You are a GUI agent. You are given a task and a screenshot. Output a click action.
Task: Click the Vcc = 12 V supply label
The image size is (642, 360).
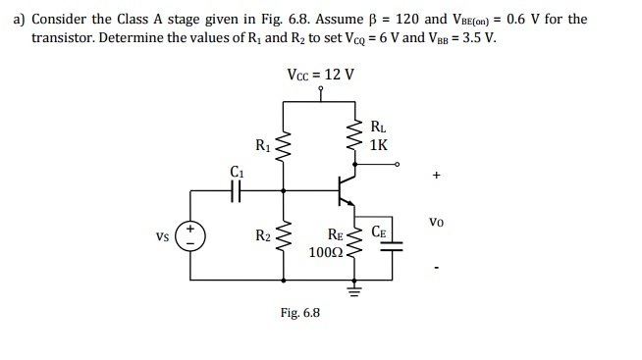pos(320,75)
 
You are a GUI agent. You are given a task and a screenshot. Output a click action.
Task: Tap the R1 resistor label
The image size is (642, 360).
pos(262,147)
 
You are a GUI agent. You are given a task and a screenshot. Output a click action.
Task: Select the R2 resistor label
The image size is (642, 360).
pos(262,236)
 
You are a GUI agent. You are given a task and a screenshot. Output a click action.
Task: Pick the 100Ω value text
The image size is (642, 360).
pos(323,252)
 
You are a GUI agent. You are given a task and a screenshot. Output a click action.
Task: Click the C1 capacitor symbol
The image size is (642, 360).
pos(236,192)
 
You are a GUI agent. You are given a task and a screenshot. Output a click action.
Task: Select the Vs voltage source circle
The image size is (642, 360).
pos(190,236)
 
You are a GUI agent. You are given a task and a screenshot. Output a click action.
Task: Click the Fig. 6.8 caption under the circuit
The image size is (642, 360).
pos(299,313)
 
